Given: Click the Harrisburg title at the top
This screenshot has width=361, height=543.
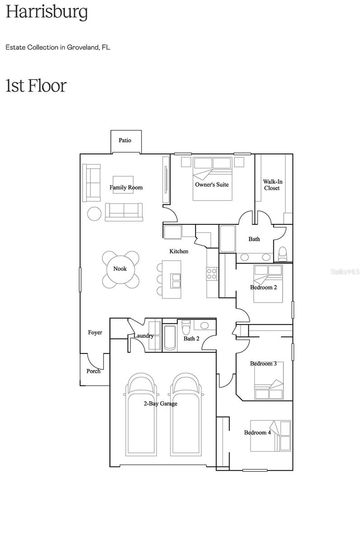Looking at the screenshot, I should point(47,13).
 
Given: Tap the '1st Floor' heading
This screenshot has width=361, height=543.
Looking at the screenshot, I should point(36,86).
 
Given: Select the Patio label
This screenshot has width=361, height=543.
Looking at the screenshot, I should point(125,140).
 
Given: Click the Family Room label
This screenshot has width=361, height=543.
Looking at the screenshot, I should point(126,187).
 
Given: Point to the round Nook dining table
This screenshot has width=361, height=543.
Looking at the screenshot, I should point(120,269).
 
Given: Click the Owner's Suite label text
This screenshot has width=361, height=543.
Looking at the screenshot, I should point(212,185).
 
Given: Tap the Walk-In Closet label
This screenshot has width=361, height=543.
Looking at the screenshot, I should point(271,185).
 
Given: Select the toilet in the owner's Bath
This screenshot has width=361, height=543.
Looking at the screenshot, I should point(283,254).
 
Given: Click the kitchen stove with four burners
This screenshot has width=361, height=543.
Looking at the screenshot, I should point(212,273).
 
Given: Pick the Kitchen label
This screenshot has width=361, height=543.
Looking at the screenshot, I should point(179,251).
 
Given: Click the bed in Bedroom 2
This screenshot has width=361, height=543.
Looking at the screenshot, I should point(268,284).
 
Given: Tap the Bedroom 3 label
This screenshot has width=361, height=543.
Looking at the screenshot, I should point(263,363).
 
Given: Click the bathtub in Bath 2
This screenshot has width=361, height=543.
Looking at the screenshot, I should point(170,338).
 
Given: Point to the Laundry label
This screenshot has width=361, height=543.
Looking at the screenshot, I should point(143,336).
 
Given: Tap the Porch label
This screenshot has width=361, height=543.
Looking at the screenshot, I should point(94,371).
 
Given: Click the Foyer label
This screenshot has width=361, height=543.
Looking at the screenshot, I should point(95,333).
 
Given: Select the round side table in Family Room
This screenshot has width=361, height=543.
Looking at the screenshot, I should point(94,213).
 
